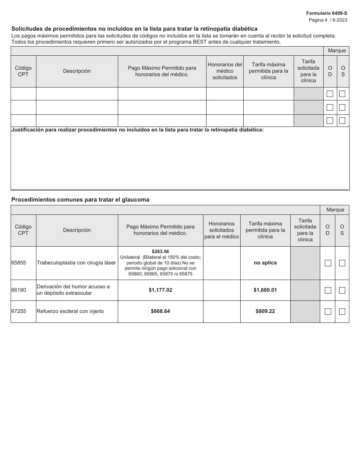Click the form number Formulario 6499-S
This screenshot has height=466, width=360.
click(326, 13)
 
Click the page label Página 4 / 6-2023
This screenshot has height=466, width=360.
click(328, 20)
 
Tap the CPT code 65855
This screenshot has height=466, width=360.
click(19, 263)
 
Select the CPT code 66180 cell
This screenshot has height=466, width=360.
click(19, 290)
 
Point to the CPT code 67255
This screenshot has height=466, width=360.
click(19, 311)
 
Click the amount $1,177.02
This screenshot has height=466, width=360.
click(160, 290)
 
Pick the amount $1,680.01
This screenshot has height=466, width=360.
click(265, 290)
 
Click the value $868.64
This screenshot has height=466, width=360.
click(160, 311)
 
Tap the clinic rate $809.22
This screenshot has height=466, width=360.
click(265, 311)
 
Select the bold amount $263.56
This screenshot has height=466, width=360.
click(160, 251)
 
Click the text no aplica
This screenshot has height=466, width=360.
click(265, 263)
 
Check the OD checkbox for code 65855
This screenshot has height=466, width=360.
click(328, 263)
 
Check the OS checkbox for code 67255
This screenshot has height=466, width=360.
click(342, 311)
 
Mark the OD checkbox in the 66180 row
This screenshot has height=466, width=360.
click(328, 290)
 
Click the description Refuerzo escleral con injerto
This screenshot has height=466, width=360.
click(70, 311)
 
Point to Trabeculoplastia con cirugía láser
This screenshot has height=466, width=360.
click(76, 263)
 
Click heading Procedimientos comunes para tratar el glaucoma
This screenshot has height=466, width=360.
click(80, 200)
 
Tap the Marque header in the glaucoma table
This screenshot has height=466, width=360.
click(335, 210)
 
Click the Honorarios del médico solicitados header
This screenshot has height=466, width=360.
click(225, 71)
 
